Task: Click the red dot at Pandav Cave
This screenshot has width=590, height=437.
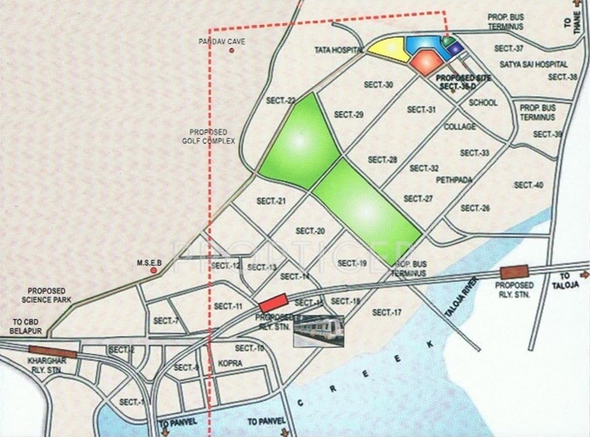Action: pyautogui.click(x=232, y=51)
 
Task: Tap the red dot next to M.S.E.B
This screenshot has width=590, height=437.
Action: pyautogui.click(x=154, y=270)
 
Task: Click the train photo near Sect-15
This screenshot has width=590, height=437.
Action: pyautogui.click(x=318, y=330)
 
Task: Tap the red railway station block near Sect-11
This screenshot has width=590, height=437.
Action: pyautogui.click(x=273, y=303)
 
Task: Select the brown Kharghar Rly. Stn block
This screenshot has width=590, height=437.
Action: pyautogui.click(x=45, y=351)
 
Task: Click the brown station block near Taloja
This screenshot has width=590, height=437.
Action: pyautogui.click(x=514, y=271)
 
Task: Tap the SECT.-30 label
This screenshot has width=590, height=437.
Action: pyautogui.click(x=379, y=85)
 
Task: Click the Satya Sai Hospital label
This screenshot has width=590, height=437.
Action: pyautogui.click(x=534, y=64)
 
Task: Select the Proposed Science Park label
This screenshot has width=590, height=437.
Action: pyautogui.click(x=46, y=295)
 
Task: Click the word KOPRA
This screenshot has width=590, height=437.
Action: pyautogui.click(x=229, y=363)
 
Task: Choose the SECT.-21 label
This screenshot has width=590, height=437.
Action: pyautogui.click(x=271, y=201)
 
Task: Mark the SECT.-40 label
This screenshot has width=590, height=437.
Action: pyautogui.click(x=528, y=185)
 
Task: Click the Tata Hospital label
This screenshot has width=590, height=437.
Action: pyautogui.click(x=339, y=50)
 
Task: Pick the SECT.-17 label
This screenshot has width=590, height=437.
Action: pyautogui.click(x=387, y=312)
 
